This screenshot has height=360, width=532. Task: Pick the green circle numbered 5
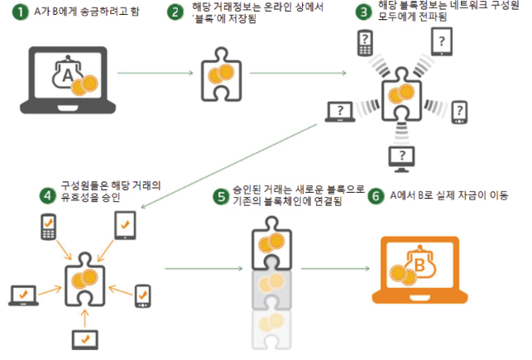click(220, 196)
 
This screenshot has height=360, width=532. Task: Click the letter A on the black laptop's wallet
click(65, 77)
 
